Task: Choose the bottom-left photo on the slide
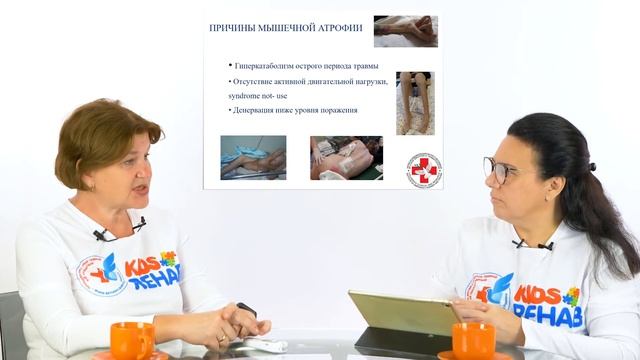(x=253, y=157)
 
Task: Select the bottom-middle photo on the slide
(x=346, y=157)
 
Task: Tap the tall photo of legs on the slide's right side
(x=415, y=102)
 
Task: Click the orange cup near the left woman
(x=132, y=340)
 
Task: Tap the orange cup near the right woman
(x=472, y=340)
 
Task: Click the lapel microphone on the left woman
(x=101, y=235)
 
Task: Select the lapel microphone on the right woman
(x=518, y=243)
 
